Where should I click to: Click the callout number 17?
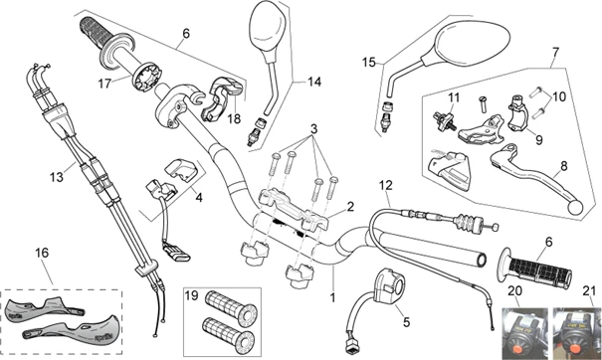click(x=104, y=84)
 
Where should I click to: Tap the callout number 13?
click(x=56, y=177)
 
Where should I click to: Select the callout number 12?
click(x=386, y=185)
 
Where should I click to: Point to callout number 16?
click(x=42, y=253)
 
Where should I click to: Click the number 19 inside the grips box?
click(x=192, y=296)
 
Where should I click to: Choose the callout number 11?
click(x=454, y=97)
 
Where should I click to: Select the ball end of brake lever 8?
click(x=576, y=208)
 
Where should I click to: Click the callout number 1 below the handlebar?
click(x=333, y=297)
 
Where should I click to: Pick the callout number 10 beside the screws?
click(x=559, y=96)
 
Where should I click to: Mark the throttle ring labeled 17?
click(x=147, y=78)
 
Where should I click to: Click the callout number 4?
click(x=198, y=198)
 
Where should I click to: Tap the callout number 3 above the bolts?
click(x=314, y=129)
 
